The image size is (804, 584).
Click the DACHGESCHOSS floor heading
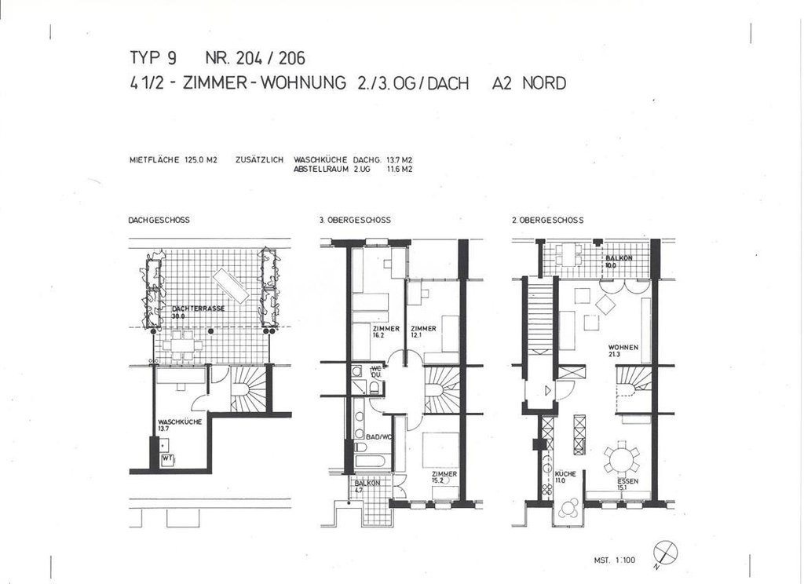[x=159, y=221]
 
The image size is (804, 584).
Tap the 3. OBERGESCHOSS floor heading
[x=355, y=221]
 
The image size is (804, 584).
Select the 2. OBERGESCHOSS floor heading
[x=548, y=221]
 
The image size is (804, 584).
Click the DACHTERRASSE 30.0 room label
[x=198, y=312]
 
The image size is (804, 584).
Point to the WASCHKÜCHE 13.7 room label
[x=180, y=425]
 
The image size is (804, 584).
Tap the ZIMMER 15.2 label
[x=444, y=477]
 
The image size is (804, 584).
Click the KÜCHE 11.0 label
[x=565, y=477]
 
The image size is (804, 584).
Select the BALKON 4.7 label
[x=367, y=486]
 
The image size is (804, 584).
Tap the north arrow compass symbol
[x=665, y=553]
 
